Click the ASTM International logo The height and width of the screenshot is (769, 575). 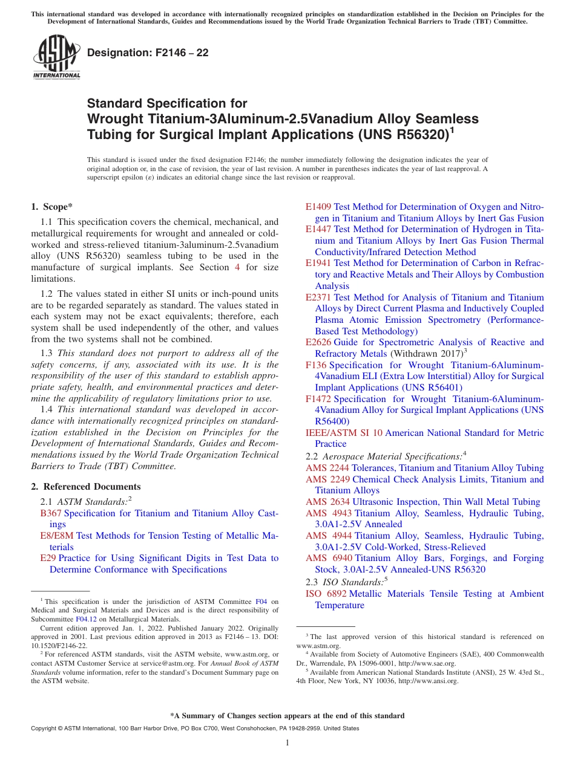tap(56, 57)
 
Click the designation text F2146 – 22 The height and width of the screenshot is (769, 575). tap(148, 53)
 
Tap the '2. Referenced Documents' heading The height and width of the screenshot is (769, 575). tap(86, 487)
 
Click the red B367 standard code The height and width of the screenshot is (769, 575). tap(51, 513)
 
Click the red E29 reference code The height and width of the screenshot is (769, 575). tap(48, 558)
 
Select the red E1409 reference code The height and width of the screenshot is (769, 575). tap(318, 207)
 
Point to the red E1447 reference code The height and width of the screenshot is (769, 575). tap(318, 229)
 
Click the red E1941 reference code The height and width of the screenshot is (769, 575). tap(318, 263)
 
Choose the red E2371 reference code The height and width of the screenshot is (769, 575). tap(318, 297)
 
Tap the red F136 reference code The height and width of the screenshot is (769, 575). tap(317, 365)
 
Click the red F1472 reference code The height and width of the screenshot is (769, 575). tap(318, 399)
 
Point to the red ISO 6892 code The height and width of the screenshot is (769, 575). tap(326, 594)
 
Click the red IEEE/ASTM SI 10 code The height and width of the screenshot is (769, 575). tap(344, 433)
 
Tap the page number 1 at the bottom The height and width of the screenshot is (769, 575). tap(287, 743)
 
